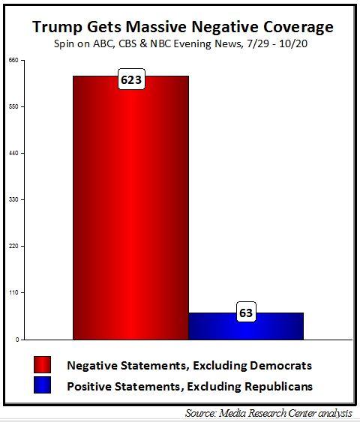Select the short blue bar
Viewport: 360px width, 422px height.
(x=246, y=326)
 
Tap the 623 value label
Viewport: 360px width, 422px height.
(x=131, y=79)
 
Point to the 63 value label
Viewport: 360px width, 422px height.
(x=246, y=313)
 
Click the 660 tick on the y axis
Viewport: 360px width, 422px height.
(x=13, y=61)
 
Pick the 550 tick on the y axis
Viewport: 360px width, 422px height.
(x=13, y=107)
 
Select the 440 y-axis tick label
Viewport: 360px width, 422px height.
(x=13, y=154)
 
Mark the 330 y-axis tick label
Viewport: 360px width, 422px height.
(x=13, y=200)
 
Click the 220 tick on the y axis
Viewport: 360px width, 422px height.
(x=13, y=247)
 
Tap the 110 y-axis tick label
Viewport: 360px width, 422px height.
(x=13, y=293)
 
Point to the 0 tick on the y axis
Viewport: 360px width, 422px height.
(x=14, y=340)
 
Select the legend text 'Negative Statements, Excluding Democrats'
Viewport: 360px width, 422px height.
(x=189, y=366)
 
